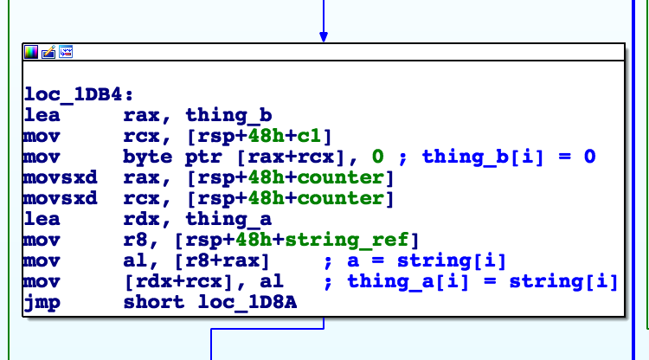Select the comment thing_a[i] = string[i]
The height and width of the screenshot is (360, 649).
pyautogui.click(x=483, y=282)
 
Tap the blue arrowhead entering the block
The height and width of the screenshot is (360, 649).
pyautogui.click(x=324, y=36)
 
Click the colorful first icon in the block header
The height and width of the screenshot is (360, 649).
pyautogui.click(x=32, y=52)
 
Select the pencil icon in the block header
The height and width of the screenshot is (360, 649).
pyautogui.click(x=48, y=52)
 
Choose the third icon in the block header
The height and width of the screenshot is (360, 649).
pyautogui.click(x=65, y=52)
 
